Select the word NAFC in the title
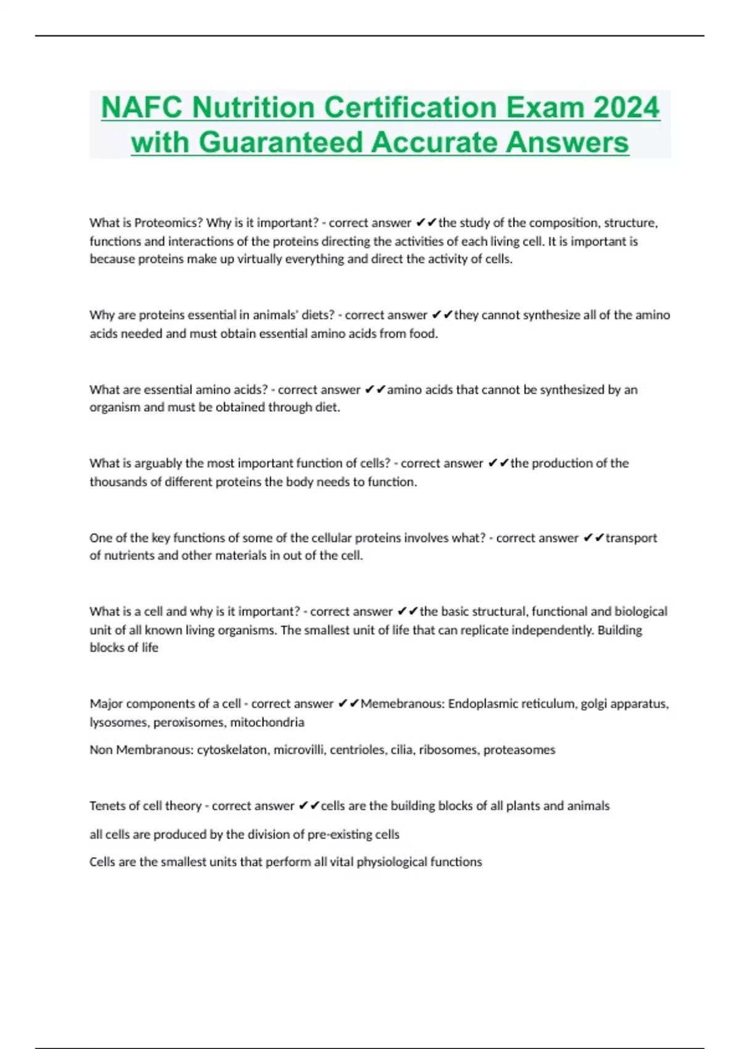click(142, 108)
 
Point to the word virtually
click(269, 259)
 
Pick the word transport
click(631, 538)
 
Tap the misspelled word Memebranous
click(402, 704)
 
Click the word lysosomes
click(118, 723)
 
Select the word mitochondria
click(267, 723)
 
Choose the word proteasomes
click(519, 750)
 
